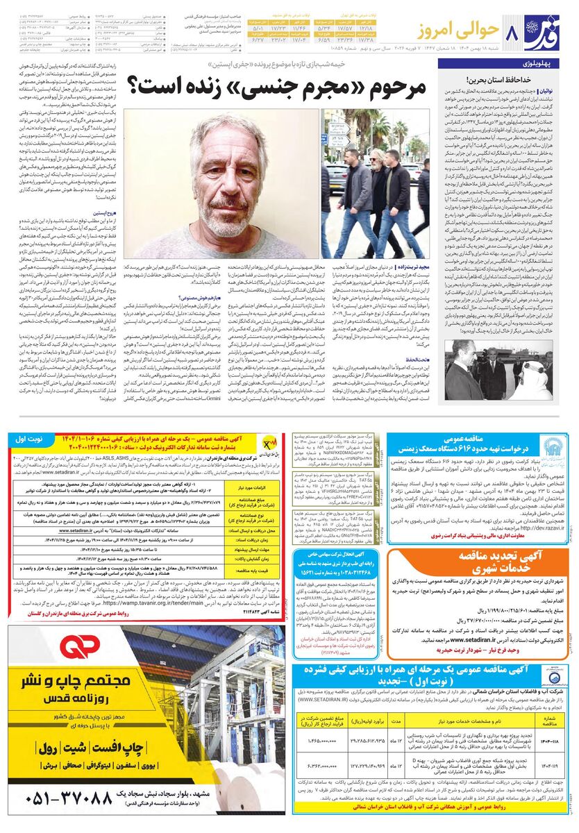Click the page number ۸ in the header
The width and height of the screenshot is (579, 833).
point(514,32)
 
